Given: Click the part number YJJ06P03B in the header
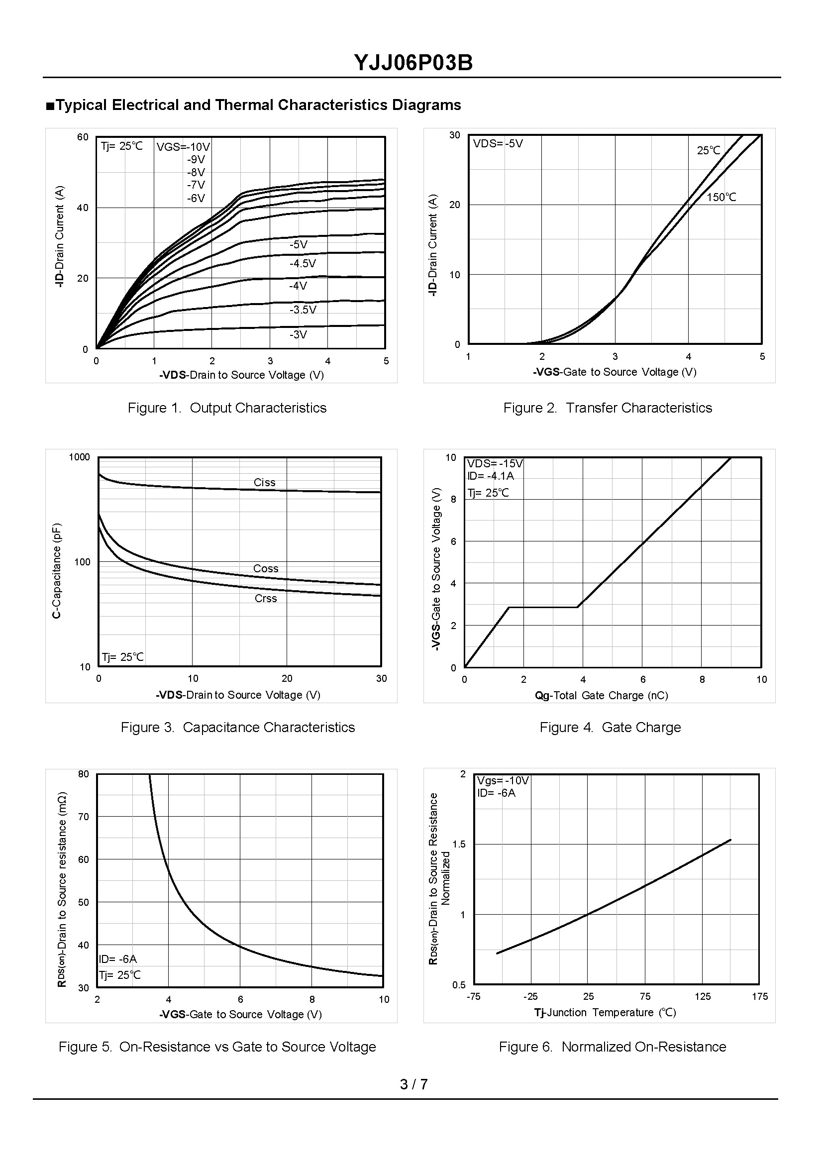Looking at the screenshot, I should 413,63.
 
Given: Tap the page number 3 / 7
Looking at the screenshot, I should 413,1084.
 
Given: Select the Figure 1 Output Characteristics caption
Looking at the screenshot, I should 227,408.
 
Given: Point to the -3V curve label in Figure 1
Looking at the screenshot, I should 299,334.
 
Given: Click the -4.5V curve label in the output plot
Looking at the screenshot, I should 303,263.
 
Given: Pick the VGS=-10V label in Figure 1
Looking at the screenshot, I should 183,147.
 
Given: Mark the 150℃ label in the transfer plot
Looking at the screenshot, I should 721,197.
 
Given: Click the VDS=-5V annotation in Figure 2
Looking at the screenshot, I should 498,144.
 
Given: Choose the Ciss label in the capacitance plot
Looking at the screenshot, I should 264,483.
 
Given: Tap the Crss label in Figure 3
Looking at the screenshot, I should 265,599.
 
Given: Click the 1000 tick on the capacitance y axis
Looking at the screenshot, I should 79,457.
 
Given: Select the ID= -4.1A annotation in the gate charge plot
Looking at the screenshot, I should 491,476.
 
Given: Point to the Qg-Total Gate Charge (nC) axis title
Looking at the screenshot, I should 601,696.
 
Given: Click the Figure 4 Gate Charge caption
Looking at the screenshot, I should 610,728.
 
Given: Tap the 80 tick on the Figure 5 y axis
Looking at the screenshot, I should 83,774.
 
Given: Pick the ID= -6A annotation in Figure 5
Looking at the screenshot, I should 118,959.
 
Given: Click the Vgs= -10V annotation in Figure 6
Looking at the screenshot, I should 503,781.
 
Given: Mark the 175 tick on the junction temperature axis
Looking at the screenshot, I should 759,997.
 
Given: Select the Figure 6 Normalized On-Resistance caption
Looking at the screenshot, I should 613,1047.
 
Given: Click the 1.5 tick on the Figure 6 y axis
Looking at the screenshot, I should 459,845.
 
